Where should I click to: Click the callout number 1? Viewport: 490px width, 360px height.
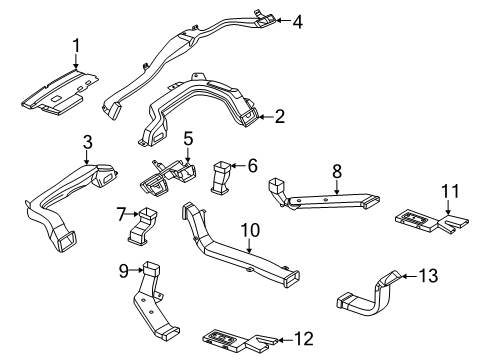tap(76, 46)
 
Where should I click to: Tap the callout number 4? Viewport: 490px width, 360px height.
tap(298, 22)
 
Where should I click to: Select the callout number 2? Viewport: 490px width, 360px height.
tap(280, 117)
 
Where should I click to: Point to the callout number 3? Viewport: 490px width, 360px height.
tap(87, 142)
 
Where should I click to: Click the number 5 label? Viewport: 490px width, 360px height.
tap(188, 139)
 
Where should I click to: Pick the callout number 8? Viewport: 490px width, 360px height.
tap(337, 172)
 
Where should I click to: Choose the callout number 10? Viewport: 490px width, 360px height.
tap(250, 230)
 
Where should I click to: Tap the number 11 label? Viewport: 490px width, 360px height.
tap(450, 191)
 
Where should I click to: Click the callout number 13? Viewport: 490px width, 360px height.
tap(428, 276)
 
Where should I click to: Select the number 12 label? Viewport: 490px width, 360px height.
tap(304, 339)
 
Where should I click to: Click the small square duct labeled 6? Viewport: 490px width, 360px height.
tap(221, 177)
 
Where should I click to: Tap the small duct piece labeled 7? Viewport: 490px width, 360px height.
tap(143, 226)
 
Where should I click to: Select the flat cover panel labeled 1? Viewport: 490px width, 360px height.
tap(60, 92)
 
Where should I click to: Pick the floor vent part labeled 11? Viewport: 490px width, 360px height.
tap(431, 221)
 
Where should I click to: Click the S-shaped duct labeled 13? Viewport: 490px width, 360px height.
tap(371, 295)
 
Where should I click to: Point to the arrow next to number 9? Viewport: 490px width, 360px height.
tap(136, 270)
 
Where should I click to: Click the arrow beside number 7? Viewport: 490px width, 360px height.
tap(133, 214)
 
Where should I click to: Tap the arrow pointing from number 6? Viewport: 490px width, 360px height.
tap(239, 165)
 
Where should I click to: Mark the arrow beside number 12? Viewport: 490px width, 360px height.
tap(285, 340)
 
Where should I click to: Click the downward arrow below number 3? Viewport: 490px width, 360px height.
tap(87, 157)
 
